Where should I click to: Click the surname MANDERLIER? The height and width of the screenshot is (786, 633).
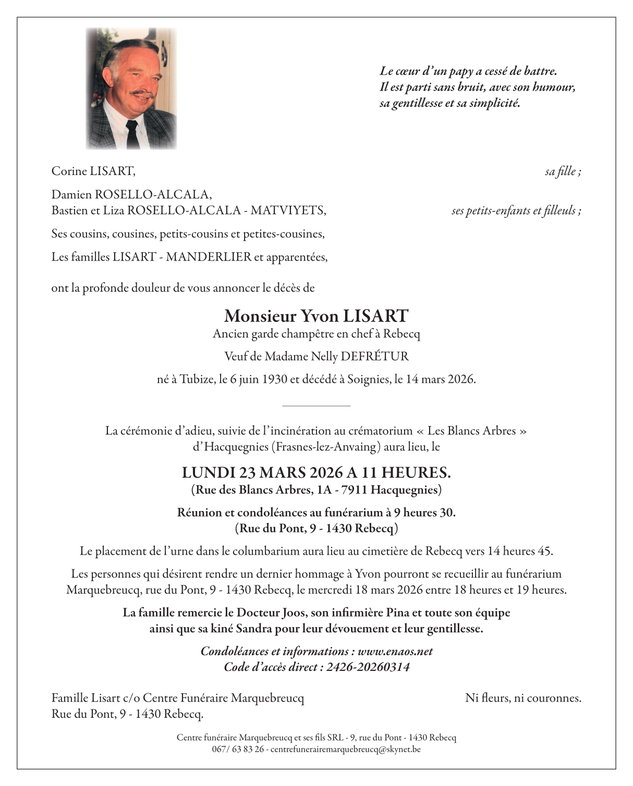209,257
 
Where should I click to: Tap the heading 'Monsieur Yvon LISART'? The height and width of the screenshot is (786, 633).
316,316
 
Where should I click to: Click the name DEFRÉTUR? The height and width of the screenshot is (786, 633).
374,356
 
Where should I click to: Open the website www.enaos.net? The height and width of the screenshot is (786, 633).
395,652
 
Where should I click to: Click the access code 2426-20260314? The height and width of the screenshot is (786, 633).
368,667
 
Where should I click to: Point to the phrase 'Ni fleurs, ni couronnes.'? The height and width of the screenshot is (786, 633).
523,698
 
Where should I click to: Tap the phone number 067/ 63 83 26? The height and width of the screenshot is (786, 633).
237,750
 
